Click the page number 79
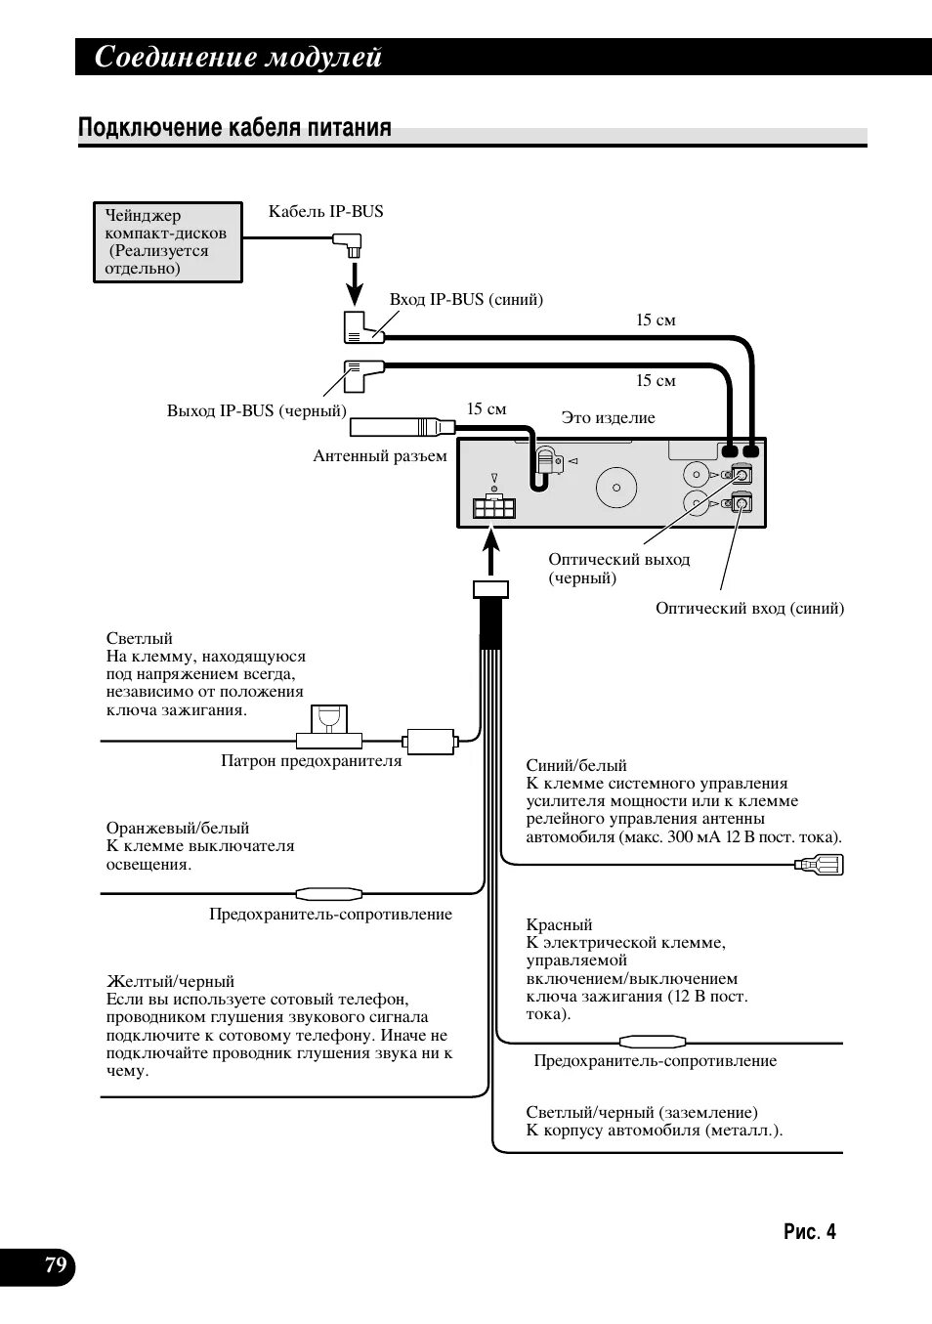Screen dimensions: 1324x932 click(x=56, y=1266)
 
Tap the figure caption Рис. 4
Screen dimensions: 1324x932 click(x=809, y=1232)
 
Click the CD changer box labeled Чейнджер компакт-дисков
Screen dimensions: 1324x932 click(x=167, y=242)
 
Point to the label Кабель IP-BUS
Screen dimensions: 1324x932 click(x=325, y=211)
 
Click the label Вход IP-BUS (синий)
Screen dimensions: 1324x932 click(x=466, y=300)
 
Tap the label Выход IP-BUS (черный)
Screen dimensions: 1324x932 click(x=256, y=411)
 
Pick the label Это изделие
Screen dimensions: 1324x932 click(x=608, y=418)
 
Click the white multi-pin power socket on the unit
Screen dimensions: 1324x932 click(x=493, y=508)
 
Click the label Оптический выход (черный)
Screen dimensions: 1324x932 click(x=618, y=568)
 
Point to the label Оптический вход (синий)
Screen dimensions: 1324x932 click(x=749, y=609)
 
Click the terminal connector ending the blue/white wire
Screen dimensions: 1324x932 click(x=820, y=865)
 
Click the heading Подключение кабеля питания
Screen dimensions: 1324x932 click(x=234, y=128)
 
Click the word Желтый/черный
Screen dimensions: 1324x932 click(x=170, y=981)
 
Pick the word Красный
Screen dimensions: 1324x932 click(x=559, y=924)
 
